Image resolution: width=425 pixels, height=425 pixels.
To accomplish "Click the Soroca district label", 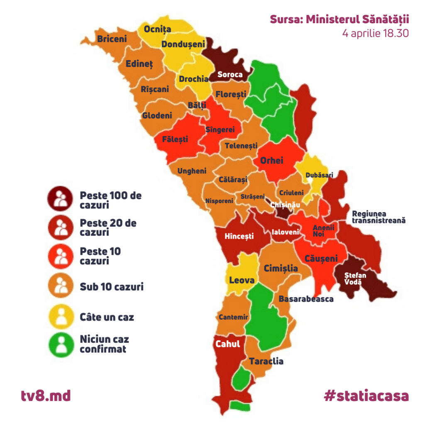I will (230, 75).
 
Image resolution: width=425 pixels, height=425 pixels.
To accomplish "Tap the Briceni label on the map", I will (112, 39).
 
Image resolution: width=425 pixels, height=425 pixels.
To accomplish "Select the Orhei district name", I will (271, 160).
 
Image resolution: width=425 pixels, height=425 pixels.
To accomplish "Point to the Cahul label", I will (228, 344).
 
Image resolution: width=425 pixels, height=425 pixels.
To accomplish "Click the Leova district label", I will (242, 280).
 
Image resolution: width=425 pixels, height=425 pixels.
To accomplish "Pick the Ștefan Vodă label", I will (356, 278).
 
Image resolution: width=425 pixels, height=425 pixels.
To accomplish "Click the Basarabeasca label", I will (306, 299).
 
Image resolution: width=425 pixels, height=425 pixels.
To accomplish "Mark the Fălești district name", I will (175, 139).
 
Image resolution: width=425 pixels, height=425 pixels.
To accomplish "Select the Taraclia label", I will (266, 361).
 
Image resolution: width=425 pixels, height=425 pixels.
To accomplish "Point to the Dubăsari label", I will (319, 175).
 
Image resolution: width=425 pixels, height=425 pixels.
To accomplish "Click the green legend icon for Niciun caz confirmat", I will (61, 344).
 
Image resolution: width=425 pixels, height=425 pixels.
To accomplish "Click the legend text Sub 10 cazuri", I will (111, 286).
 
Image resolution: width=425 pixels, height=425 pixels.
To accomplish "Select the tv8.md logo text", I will (46, 396).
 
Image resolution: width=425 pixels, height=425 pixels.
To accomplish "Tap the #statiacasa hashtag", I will (366, 396).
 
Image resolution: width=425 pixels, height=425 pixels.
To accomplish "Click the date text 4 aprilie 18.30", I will (376, 33).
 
